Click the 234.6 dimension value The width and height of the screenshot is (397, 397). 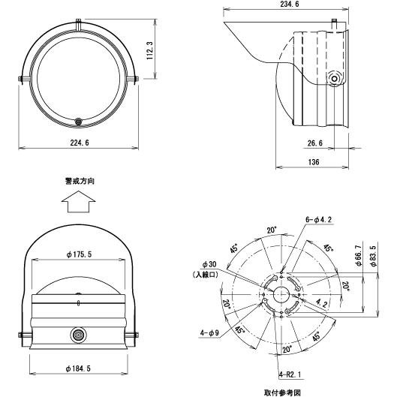coord(290,4)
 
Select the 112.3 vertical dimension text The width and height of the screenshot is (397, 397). coord(149,50)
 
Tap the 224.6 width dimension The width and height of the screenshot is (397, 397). coord(80,143)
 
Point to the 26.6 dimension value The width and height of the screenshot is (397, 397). coord(315,143)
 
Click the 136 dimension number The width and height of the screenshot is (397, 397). coord(314,162)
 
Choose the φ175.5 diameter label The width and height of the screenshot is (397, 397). coord(79,254)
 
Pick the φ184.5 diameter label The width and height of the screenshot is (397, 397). coord(78,368)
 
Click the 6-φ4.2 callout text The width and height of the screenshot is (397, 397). coord(318,220)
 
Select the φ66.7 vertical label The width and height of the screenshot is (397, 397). coord(358,255)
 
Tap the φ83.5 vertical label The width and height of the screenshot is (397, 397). coord(374,256)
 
